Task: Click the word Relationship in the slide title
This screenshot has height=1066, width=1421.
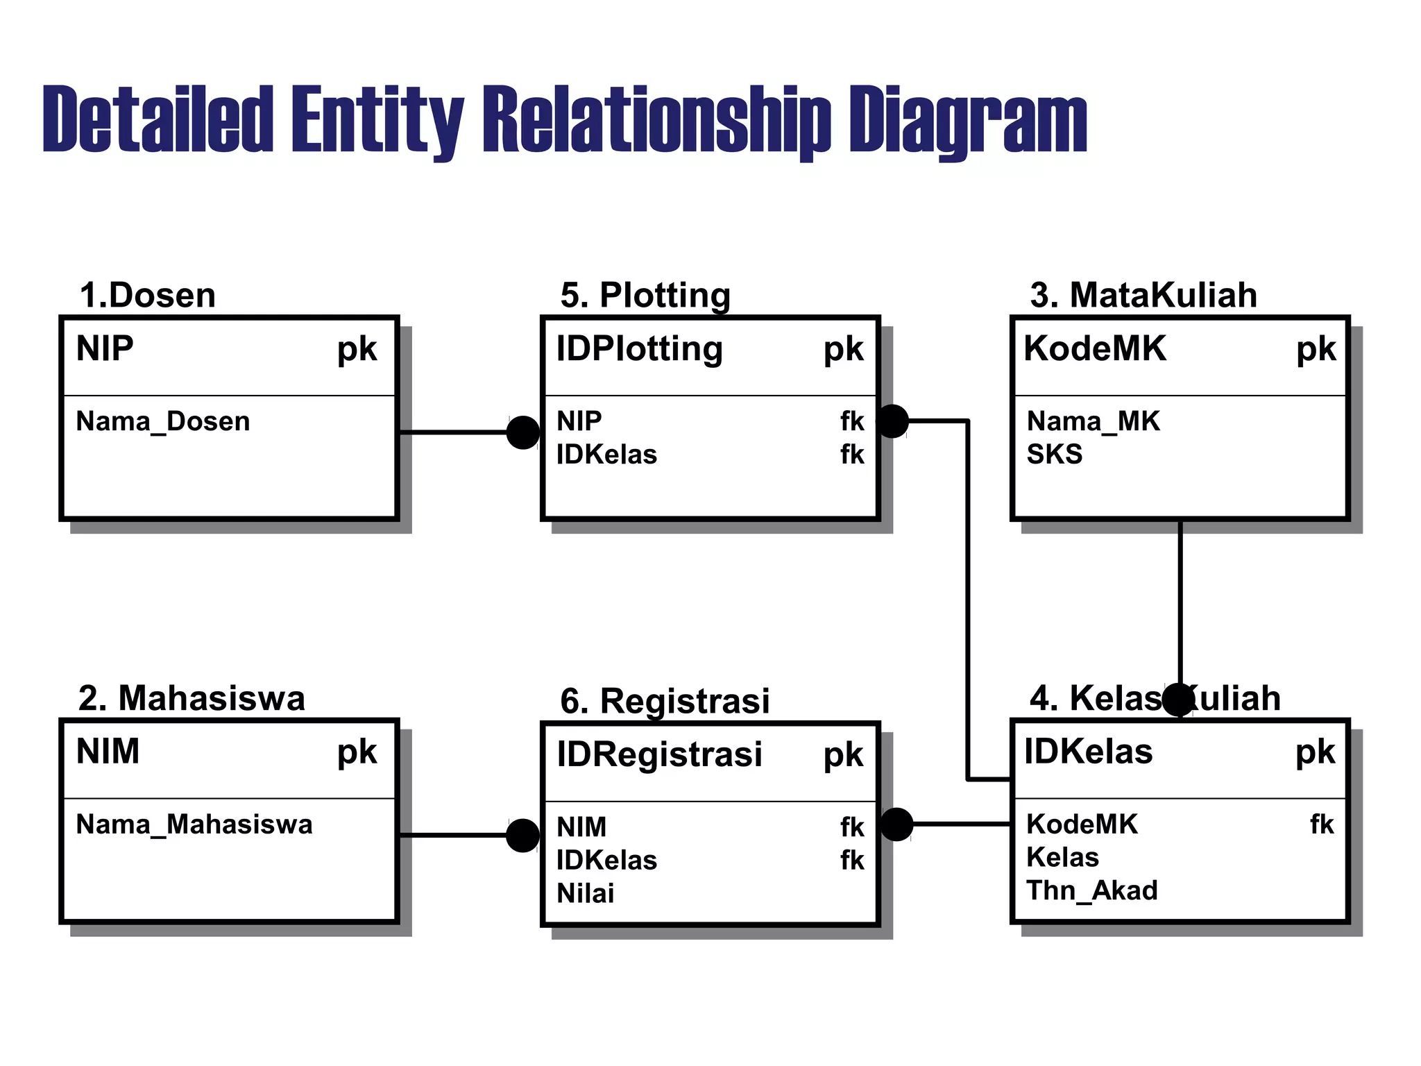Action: click(x=656, y=119)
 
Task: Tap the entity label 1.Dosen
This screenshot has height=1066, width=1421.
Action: click(x=147, y=296)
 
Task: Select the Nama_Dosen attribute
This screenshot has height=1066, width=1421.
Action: click(x=162, y=421)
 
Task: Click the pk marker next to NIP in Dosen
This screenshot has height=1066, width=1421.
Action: click(x=357, y=349)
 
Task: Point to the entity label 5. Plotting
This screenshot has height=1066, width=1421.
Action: click(x=645, y=296)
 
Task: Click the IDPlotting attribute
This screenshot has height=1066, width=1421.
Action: click(x=639, y=349)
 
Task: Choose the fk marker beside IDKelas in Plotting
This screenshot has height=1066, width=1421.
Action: click(x=852, y=455)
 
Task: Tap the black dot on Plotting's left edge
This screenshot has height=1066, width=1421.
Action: click(x=523, y=432)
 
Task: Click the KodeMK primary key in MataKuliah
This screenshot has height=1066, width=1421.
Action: click(x=1095, y=349)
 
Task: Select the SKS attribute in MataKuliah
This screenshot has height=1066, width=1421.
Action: click(x=1054, y=455)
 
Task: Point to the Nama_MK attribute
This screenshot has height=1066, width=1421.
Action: click(x=1093, y=421)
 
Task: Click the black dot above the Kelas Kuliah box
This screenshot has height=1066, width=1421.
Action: click(x=1178, y=699)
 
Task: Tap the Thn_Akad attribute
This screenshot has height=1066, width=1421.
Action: click(x=1091, y=890)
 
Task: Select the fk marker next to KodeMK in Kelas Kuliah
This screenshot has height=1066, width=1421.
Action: click(x=1322, y=824)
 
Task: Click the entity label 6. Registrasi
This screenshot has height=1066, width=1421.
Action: click(x=665, y=701)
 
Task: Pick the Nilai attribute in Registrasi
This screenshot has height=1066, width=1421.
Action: click(x=585, y=894)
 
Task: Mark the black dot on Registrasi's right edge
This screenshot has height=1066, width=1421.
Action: click(x=896, y=824)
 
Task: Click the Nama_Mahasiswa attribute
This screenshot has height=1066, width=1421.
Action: click(x=194, y=824)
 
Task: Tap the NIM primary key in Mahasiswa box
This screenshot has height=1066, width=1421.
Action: click(x=108, y=752)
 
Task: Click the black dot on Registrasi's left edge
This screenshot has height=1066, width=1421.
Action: click(x=523, y=835)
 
